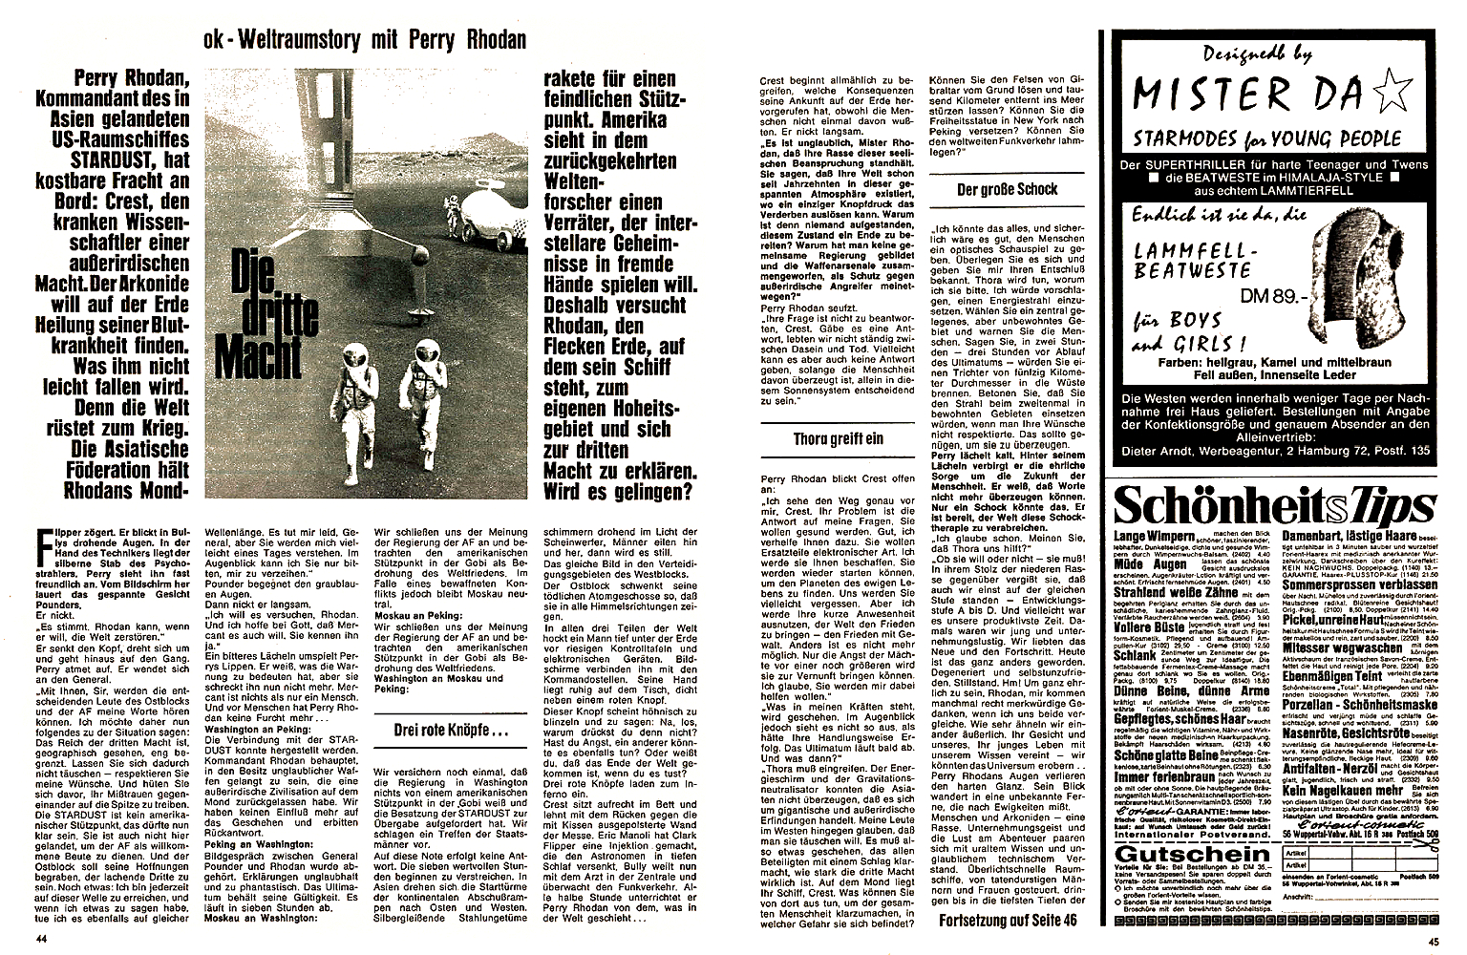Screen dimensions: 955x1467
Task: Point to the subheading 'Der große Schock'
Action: [x=1007, y=189]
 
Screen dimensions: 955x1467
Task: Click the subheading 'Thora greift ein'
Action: [x=838, y=439]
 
